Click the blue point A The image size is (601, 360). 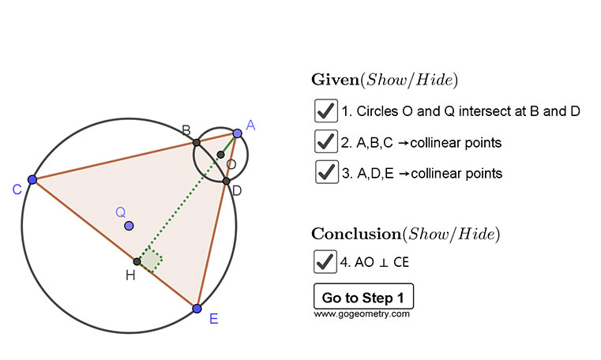[237, 133]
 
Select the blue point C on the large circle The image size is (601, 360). [32, 180]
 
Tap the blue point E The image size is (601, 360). [197, 308]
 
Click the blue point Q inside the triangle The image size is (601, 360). [129, 226]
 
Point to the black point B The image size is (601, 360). [197, 143]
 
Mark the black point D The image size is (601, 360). [226, 182]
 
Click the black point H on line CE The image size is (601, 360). [137, 261]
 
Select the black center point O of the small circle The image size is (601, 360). [220, 154]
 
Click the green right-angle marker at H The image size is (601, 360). [151, 260]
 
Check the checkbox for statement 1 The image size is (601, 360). [325, 111]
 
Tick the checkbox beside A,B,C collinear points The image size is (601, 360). [325, 141]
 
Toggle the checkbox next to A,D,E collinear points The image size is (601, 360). [325, 171]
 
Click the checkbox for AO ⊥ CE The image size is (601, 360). [325, 261]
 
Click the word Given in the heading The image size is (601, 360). [336, 80]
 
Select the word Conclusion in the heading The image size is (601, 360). [356, 234]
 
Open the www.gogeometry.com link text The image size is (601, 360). [362, 314]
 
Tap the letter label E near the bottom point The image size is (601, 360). [212, 321]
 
